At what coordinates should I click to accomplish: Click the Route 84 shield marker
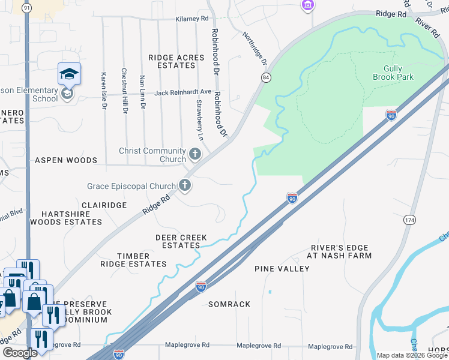click(265, 78)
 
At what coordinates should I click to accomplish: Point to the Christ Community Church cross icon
click(194, 155)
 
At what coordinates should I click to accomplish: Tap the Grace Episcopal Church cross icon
click(185, 186)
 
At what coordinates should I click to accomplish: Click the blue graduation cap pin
click(69, 74)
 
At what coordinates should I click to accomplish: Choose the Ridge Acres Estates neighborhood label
click(176, 62)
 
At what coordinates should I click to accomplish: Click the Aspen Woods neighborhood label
click(66, 161)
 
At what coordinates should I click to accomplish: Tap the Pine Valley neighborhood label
click(282, 269)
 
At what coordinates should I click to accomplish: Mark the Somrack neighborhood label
click(229, 304)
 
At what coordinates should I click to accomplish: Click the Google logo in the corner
click(20, 353)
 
